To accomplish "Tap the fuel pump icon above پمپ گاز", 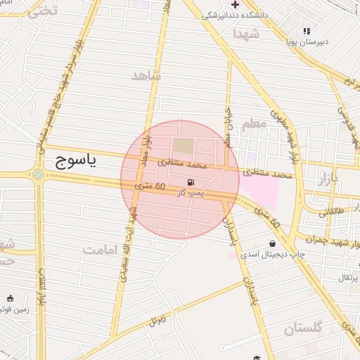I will (x=192, y=181).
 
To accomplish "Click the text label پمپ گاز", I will (x=191, y=192).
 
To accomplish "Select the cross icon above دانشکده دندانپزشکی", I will (x=236, y=5).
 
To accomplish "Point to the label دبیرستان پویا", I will (x=306, y=41).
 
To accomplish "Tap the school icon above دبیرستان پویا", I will (x=307, y=31).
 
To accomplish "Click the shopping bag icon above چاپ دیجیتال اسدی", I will (x=273, y=244).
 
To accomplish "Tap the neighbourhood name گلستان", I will (x=303, y=328).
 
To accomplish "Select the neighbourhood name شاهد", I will (x=146, y=75).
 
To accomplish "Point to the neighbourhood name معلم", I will (x=255, y=124).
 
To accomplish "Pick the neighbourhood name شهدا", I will (x=247, y=33).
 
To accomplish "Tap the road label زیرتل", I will (x=157, y=321).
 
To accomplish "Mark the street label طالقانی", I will (x=333, y=211).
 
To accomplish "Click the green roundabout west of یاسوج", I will (x=37, y=174).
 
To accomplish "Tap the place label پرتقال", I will (x=347, y=278).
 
